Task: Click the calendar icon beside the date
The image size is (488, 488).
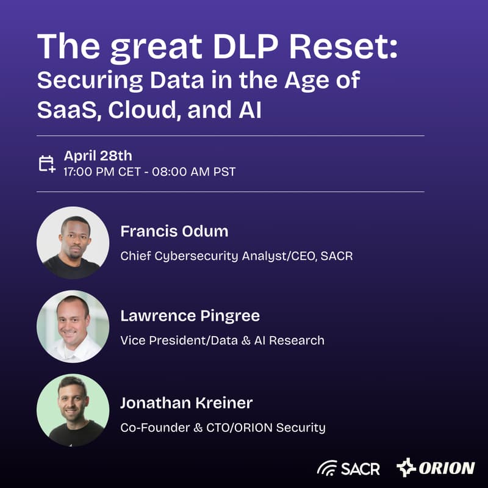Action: pos(47,163)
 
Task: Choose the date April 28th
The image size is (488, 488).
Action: pos(98,156)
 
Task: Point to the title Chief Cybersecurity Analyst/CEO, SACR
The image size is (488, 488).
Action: pos(237,256)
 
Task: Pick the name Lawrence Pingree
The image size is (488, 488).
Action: pos(190,316)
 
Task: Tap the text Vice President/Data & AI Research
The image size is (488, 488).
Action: pos(222,340)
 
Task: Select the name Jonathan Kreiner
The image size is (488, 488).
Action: pos(186,403)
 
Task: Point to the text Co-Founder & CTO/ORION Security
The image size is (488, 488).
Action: pos(223,427)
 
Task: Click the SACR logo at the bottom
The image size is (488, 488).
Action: pos(348,468)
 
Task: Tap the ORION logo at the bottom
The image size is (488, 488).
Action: pos(435,468)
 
